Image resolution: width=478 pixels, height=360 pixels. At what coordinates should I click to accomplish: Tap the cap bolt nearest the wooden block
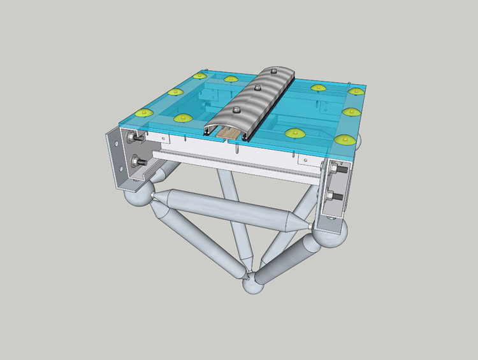pos(236,108)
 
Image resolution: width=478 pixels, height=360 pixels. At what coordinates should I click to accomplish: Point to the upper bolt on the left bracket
pos(133,138)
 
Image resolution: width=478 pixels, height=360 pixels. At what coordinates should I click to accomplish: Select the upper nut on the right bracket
pos(337,171)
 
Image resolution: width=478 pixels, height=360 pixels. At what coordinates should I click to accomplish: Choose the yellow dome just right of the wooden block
pos(294,133)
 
